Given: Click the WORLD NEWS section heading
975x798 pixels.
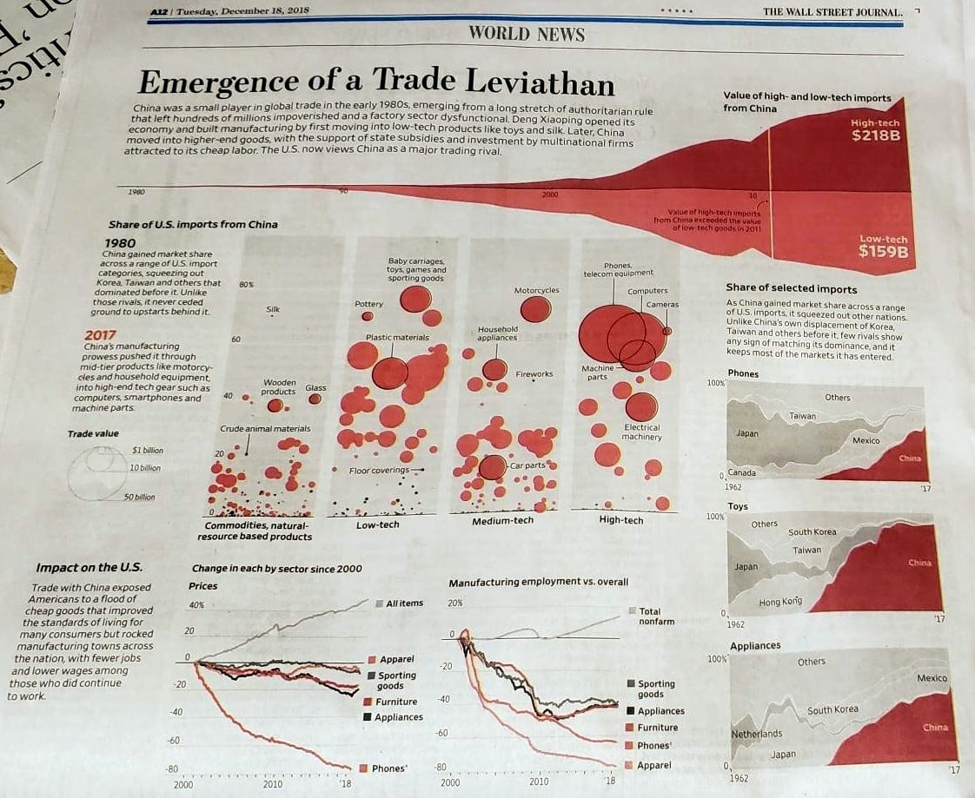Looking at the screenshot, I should tap(527, 35).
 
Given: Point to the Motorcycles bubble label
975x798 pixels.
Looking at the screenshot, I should tap(536, 290).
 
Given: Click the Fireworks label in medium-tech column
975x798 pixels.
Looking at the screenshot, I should tap(534, 374).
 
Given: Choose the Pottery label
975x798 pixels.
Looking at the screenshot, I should tap(368, 304).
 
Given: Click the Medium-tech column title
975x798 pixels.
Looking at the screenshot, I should tap(502, 520).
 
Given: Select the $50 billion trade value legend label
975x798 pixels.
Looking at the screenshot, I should tap(139, 498).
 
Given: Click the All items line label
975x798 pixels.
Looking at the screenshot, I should tap(404, 603).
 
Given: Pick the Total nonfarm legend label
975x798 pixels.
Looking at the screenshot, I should tap(656, 617).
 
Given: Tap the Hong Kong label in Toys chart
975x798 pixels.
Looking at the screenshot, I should tap(780, 602).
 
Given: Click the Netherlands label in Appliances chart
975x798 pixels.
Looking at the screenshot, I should tap(756, 734).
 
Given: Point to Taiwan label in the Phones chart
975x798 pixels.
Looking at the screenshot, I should tap(803, 416).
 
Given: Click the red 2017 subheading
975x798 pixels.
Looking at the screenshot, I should tap(101, 335).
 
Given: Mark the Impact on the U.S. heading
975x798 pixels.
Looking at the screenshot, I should tap(89, 568).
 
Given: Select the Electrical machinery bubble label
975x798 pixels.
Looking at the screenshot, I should tap(642, 432).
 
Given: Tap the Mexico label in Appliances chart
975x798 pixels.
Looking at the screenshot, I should tap(932, 678).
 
